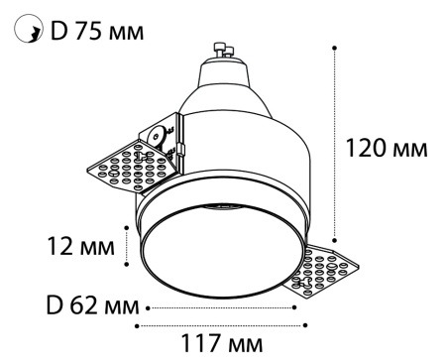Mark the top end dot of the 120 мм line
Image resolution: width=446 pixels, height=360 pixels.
336,47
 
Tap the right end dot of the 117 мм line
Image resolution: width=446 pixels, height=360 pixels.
305,323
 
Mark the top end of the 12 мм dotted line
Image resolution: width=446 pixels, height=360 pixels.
129,226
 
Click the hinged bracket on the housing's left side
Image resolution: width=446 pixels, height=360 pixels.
162,136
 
